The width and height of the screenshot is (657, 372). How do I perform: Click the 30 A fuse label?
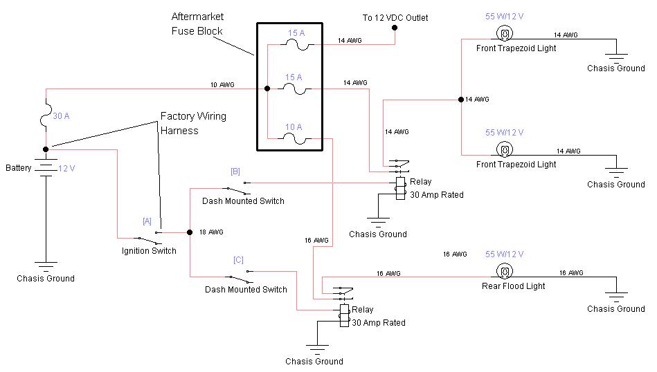61,116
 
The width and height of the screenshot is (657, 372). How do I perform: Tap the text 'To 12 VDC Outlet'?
395,17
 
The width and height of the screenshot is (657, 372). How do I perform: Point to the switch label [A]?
147,221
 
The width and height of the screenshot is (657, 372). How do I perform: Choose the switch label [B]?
235,170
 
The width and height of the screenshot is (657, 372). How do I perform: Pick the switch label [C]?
238,260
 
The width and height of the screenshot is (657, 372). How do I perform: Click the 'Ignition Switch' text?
149,251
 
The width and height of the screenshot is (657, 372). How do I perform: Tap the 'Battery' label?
19,168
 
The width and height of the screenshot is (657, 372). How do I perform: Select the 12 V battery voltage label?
66,168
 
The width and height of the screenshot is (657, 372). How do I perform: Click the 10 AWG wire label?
222,85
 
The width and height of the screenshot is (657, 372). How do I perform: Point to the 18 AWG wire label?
210,232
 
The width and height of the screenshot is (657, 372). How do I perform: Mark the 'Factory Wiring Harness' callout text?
193,123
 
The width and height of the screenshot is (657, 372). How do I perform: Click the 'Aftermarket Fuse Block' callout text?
197,23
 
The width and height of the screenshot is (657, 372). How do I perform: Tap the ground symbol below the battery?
46,265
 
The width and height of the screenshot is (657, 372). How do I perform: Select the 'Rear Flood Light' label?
514,286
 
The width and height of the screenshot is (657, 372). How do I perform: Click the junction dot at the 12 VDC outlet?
395,28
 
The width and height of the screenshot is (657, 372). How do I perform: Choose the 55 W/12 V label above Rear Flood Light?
505,254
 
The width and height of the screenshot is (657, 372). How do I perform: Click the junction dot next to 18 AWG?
188,232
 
